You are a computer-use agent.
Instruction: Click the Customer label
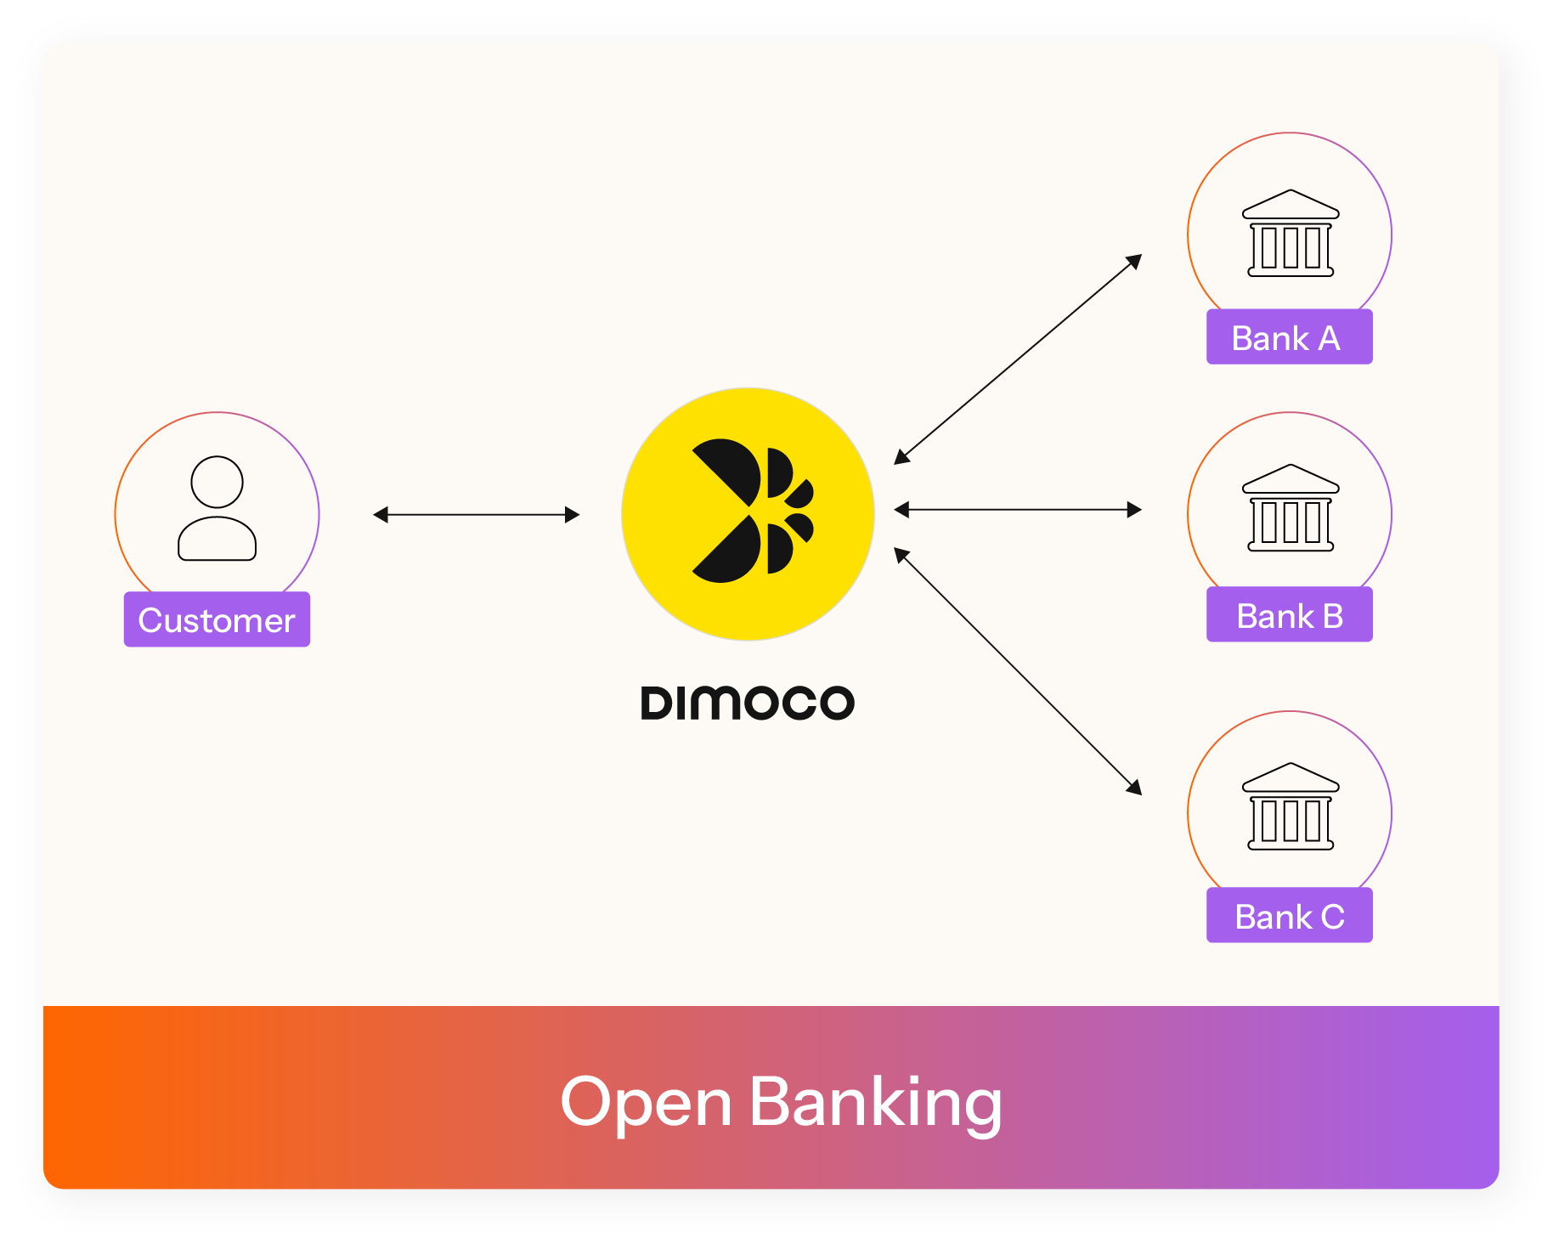[217, 619]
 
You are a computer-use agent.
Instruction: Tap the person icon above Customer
[217, 508]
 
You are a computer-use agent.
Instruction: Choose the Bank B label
[1288, 615]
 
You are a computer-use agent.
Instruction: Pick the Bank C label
[1288, 916]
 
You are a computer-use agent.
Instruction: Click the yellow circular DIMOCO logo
[748, 513]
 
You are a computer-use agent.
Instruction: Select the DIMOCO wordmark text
[748, 704]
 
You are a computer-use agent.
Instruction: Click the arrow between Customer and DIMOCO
[476, 514]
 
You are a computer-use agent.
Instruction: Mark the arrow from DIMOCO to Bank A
[1017, 359]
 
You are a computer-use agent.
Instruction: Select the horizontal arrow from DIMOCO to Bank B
[1017, 510]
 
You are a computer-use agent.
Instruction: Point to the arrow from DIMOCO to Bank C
[1017, 671]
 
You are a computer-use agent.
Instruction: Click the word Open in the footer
[646, 1102]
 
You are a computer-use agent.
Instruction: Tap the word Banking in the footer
[875, 1102]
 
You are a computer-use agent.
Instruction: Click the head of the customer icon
[217, 482]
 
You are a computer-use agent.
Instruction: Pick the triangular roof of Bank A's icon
[1290, 204]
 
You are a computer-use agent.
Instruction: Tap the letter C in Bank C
[1332, 917]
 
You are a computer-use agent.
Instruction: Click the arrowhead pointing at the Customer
[381, 514]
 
